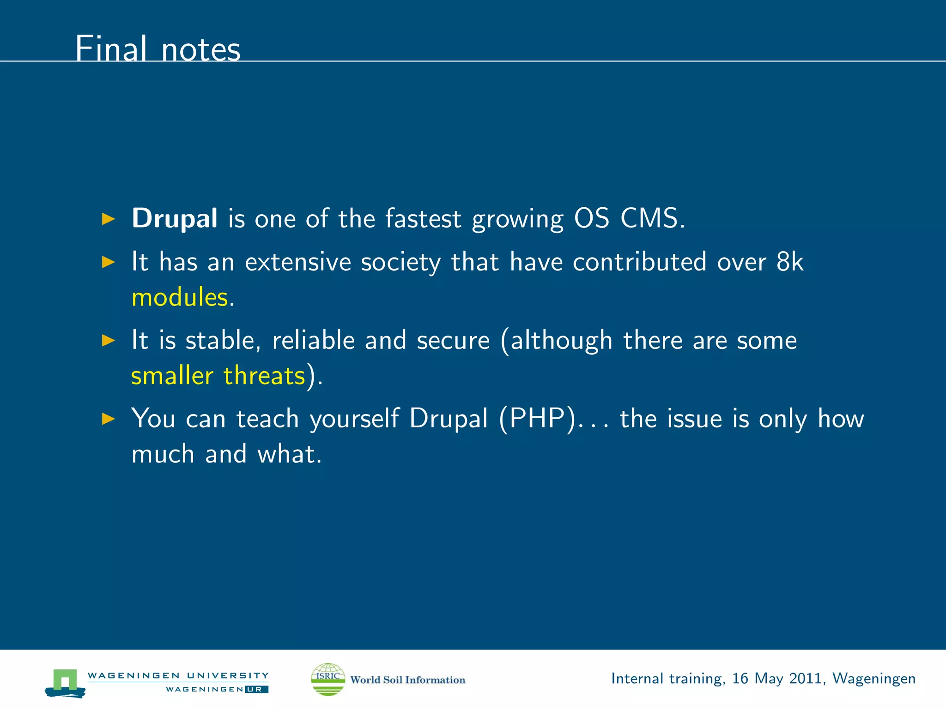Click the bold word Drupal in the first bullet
(x=174, y=218)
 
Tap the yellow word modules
(x=180, y=297)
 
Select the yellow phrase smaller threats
(x=218, y=375)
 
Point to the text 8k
(x=790, y=262)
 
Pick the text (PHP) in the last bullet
(x=537, y=419)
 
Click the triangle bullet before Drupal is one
(x=108, y=219)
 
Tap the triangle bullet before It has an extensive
(x=108, y=262)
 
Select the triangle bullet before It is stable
(x=108, y=341)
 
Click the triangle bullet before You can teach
(x=108, y=419)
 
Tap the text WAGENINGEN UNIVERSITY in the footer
(x=178, y=675)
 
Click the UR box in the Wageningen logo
(x=256, y=689)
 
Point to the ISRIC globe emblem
(x=328, y=679)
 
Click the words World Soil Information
(x=407, y=680)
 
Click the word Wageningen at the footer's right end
(x=874, y=679)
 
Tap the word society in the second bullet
(x=400, y=262)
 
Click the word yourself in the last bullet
(x=354, y=419)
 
